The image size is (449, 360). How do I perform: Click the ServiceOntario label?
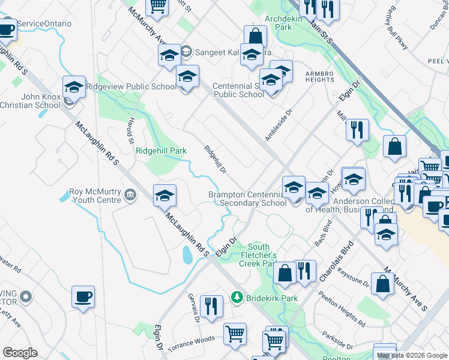[x=44, y=23]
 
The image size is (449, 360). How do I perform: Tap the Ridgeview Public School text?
[x=131, y=86]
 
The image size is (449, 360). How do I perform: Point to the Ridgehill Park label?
[x=161, y=151]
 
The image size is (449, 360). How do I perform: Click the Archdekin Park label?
[x=275, y=23]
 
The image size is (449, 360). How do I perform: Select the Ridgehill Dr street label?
[x=215, y=161]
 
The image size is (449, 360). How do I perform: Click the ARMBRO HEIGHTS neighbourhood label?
[x=319, y=76]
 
